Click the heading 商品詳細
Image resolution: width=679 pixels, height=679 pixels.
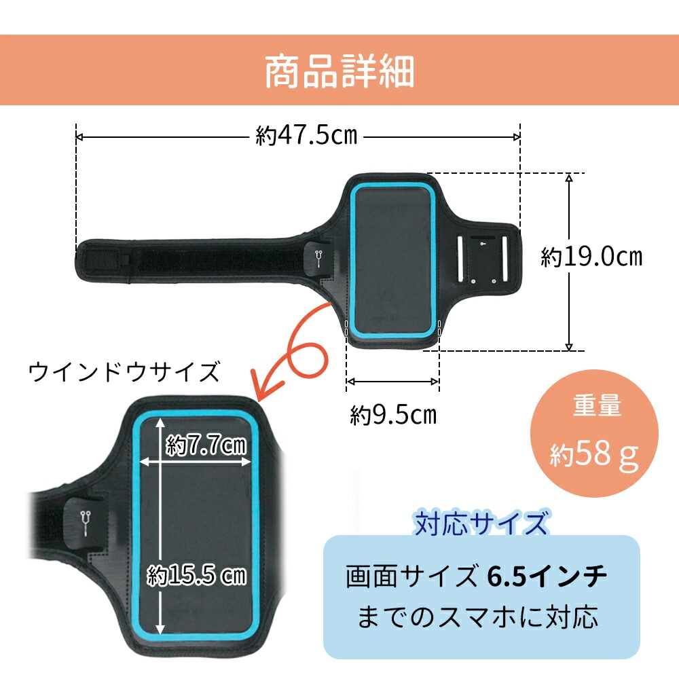pyautogui.click(x=339, y=71)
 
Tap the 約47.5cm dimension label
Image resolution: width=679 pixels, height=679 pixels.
pyautogui.click(x=307, y=136)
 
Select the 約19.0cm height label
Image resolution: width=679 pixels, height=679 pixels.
pyautogui.click(x=591, y=257)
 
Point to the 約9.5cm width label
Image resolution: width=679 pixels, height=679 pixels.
pyautogui.click(x=393, y=415)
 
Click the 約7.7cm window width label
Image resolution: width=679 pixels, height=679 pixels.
pyautogui.click(x=206, y=445)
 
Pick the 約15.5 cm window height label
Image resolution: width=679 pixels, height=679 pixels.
pyautogui.click(x=197, y=575)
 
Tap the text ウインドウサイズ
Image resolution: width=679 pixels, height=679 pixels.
pyautogui.click(x=124, y=372)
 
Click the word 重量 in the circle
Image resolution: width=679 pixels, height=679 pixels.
pyautogui.click(x=597, y=406)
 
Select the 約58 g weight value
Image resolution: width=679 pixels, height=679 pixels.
pyautogui.click(x=594, y=454)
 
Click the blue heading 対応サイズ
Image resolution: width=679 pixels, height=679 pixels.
pyautogui.click(x=481, y=523)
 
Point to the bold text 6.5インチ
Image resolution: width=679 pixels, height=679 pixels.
pyautogui.click(x=547, y=576)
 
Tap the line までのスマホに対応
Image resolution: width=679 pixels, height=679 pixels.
pyautogui.click(x=477, y=617)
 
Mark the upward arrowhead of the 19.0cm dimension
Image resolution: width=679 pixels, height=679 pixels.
pyautogui.click(x=570, y=177)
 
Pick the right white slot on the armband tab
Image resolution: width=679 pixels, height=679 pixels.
pyautogui.click(x=504, y=259)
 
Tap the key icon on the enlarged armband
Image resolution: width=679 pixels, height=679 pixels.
pyautogui.click(x=85, y=522)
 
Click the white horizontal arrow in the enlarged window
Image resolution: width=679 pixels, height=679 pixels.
pyautogui.click(x=196, y=462)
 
